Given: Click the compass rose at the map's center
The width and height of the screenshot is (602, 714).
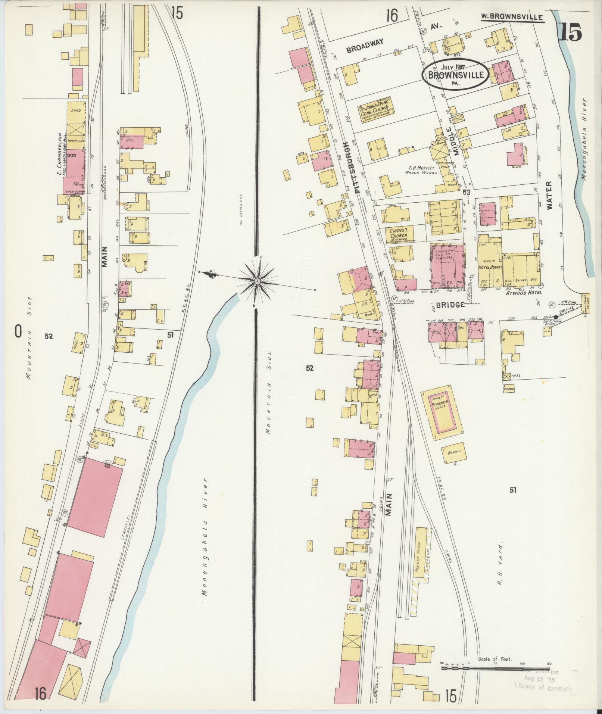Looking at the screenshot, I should coord(258,280).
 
